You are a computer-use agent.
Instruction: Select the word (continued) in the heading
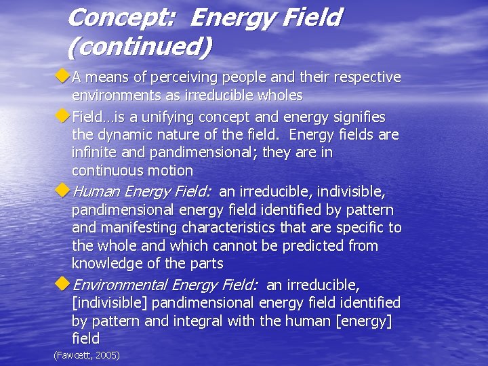(140, 46)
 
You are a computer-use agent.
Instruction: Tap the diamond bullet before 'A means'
(64, 77)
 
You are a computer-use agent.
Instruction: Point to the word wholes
(277, 96)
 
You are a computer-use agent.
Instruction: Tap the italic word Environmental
(120, 285)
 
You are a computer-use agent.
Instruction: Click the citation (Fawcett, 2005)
(86, 354)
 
